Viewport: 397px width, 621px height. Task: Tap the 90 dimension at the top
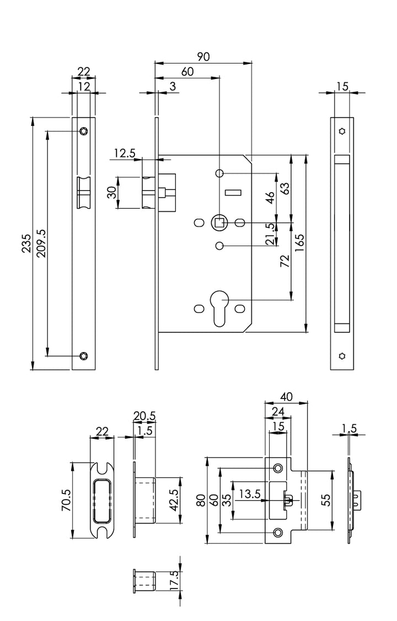[203, 56]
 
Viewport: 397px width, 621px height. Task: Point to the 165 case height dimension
[300, 243]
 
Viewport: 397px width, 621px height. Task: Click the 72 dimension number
[285, 261]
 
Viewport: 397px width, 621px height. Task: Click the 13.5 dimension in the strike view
[249, 493]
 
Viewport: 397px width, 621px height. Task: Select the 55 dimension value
[325, 500]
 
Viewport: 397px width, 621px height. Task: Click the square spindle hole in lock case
[219, 222]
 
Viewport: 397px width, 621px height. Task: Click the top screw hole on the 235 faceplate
[83, 131]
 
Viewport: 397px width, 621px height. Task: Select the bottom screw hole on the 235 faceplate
[83, 355]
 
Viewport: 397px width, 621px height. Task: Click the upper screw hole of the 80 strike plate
[278, 468]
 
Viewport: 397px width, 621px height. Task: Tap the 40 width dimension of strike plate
[286, 396]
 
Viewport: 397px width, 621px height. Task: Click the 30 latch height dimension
[112, 193]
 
